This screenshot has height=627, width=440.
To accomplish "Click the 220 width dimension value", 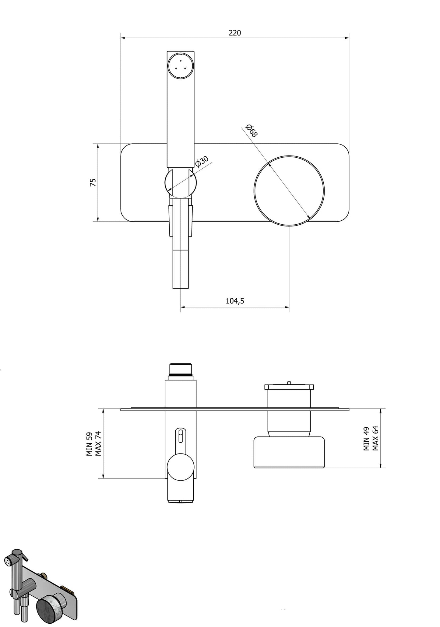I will (235, 33).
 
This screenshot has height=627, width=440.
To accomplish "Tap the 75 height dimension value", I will (93, 182).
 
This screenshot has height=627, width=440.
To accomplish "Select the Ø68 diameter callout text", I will (252, 131).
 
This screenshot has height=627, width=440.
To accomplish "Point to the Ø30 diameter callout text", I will (202, 162).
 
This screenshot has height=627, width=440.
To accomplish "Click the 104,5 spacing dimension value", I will (235, 301).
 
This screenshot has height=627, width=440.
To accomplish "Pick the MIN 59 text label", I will (89, 444).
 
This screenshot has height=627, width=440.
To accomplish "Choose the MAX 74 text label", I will (98, 443).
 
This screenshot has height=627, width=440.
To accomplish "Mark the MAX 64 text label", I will (375, 439).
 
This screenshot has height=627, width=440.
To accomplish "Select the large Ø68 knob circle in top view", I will (289, 191).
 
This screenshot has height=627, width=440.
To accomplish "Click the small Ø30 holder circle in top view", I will (181, 183).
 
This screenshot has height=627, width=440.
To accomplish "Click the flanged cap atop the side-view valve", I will (289, 387).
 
